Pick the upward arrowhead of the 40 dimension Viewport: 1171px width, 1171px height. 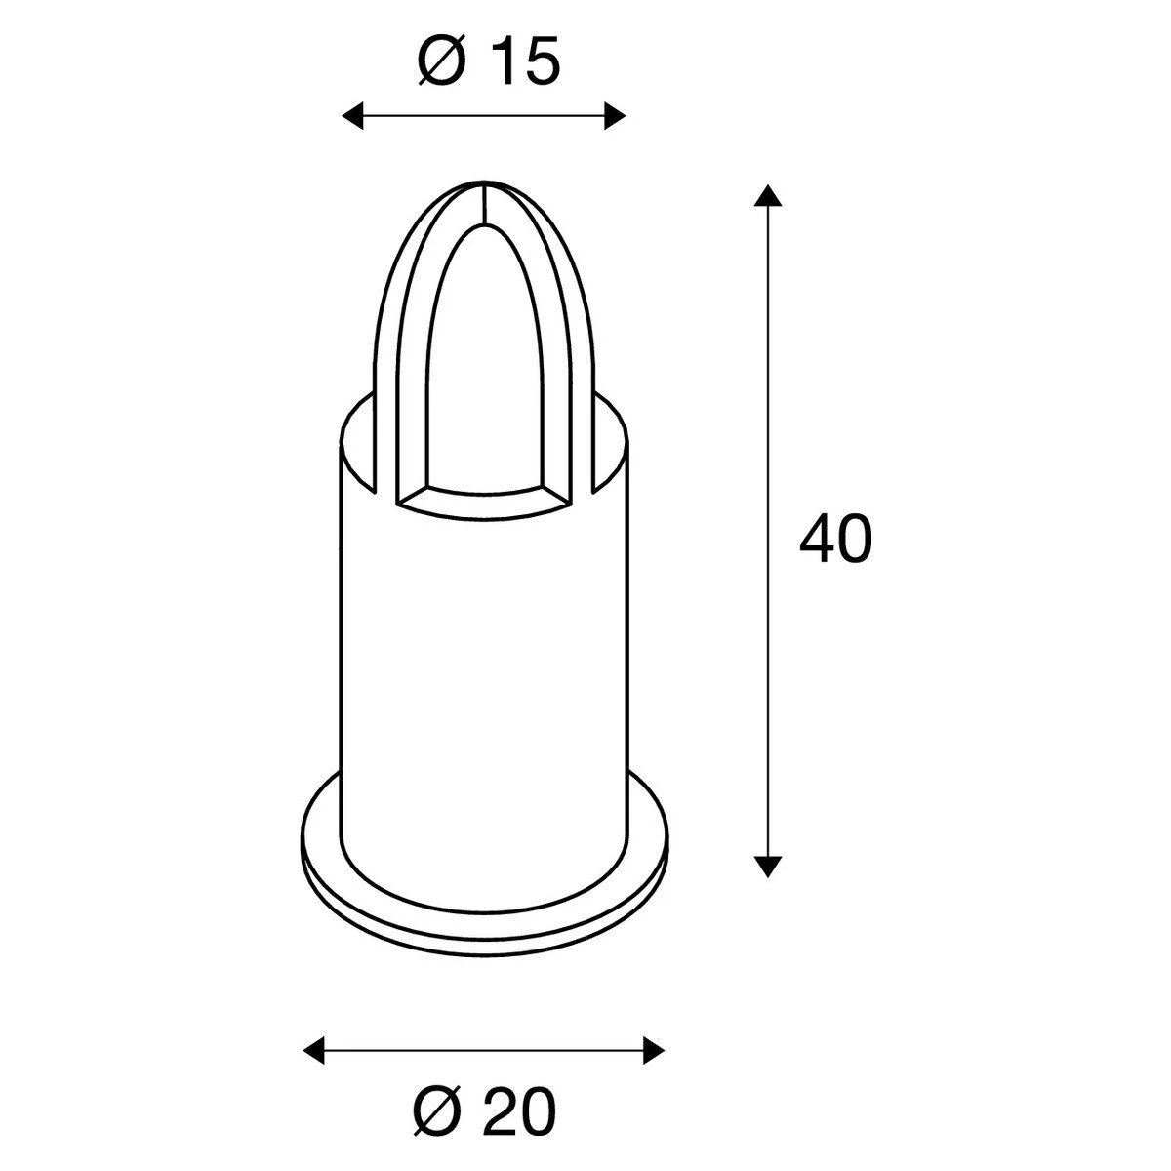click(769, 195)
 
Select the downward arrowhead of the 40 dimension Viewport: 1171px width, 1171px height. click(769, 866)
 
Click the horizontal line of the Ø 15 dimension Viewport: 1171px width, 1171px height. click(483, 117)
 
